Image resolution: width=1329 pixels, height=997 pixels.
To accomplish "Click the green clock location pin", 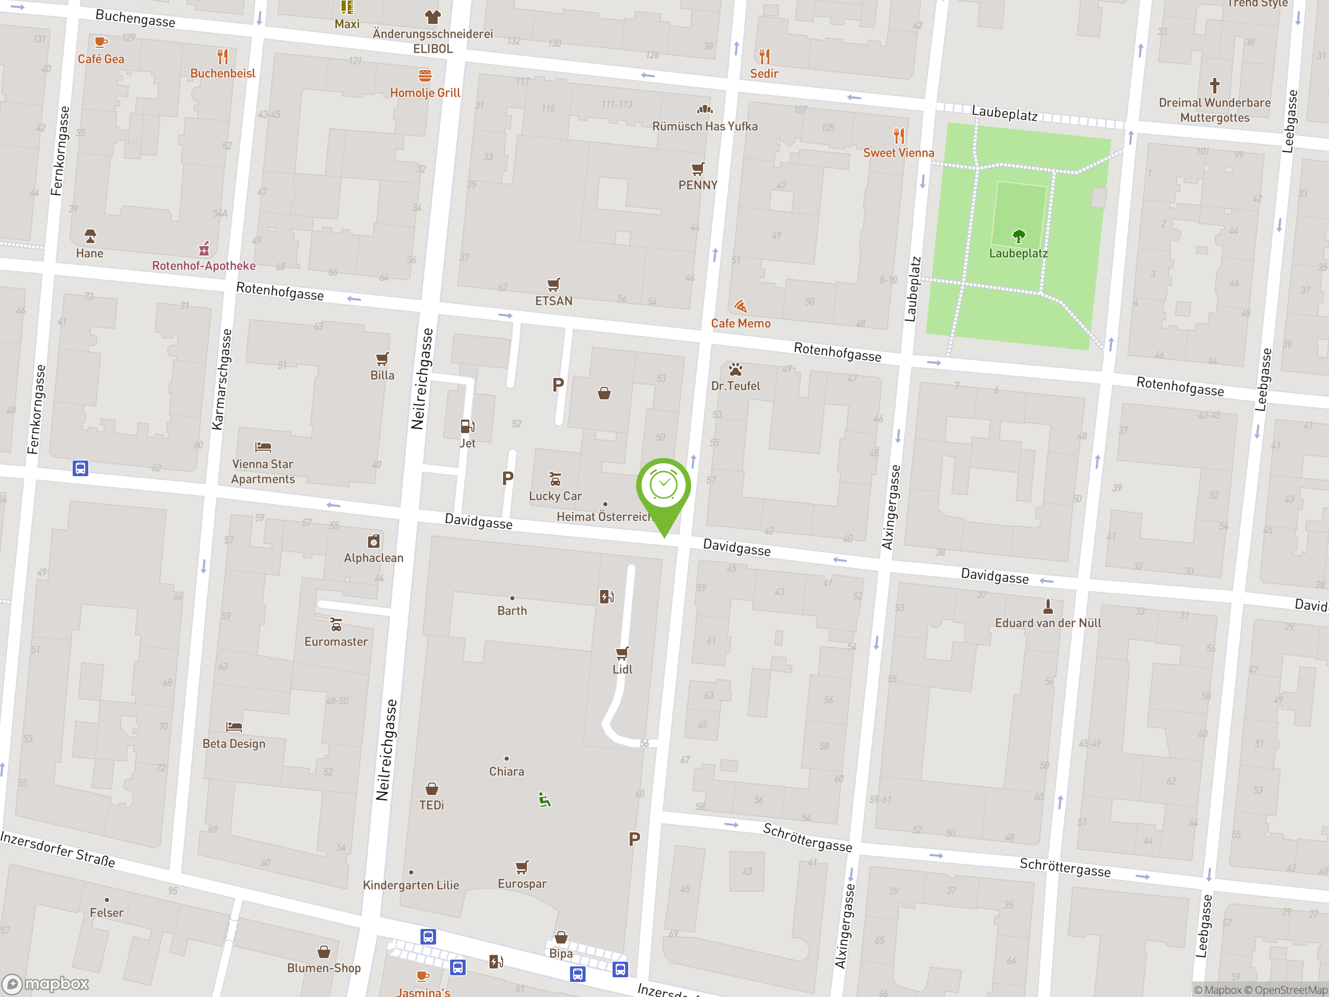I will [x=663, y=486].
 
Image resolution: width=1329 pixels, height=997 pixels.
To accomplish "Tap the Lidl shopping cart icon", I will [x=622, y=653].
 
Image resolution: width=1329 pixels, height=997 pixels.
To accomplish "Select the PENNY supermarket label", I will [x=698, y=185].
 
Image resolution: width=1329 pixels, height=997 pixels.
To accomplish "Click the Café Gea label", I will [x=101, y=59].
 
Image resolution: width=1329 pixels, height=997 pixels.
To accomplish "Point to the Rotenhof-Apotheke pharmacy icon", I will [x=204, y=248].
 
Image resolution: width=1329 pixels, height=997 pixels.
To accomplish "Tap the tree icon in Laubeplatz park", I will [x=1019, y=236].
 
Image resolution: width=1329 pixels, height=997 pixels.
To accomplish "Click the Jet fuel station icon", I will [x=467, y=426].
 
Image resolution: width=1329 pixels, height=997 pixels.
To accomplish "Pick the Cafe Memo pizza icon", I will [x=741, y=306].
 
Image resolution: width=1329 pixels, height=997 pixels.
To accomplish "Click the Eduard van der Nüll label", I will [x=1048, y=623].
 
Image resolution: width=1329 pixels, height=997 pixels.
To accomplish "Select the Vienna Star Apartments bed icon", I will [x=263, y=447].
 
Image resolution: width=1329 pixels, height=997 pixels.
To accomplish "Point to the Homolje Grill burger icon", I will [x=425, y=76].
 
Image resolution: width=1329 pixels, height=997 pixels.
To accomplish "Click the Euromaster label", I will [x=336, y=641].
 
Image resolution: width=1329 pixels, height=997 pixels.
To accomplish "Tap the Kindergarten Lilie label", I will [x=411, y=885].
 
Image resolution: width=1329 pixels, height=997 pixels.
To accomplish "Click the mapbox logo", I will [x=46, y=984].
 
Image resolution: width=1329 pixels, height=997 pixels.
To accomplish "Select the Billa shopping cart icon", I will [x=382, y=359].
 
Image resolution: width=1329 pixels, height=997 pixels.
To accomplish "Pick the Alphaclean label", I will [x=374, y=558].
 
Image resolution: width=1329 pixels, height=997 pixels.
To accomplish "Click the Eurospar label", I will [x=522, y=883].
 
